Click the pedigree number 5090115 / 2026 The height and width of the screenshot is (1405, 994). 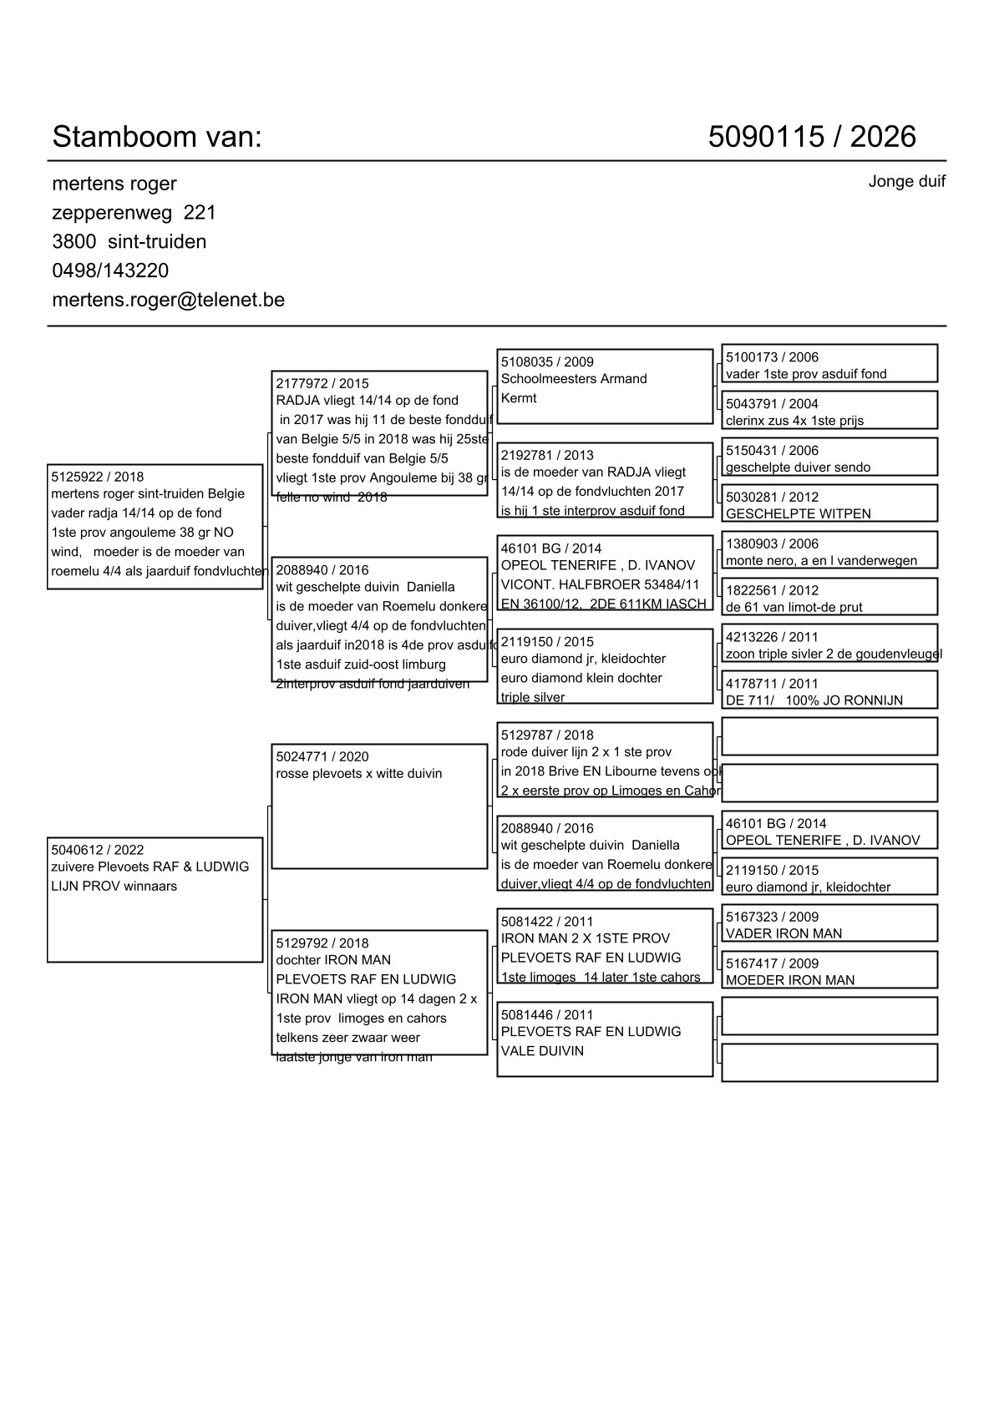tap(811, 136)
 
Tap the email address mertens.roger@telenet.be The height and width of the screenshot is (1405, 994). tap(168, 300)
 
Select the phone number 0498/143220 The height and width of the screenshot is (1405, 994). tap(110, 270)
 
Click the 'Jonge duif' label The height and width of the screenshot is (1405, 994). tap(906, 181)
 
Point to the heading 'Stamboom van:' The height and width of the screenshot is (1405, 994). tap(157, 136)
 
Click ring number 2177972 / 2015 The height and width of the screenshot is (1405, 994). tap(322, 384)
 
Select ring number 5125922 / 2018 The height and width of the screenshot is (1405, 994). tap(97, 478)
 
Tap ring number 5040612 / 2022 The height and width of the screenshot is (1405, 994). tap(97, 850)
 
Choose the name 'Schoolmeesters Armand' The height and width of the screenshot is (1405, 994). tap(574, 379)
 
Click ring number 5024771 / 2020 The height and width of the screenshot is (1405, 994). tap(322, 757)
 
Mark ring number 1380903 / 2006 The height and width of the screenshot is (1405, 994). tap(772, 543)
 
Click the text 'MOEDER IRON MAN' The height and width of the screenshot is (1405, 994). tap(789, 980)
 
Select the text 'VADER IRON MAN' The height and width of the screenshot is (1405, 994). tap(784, 933)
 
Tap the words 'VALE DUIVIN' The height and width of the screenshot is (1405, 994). tap(542, 1051)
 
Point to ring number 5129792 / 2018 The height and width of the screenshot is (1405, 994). tap(322, 943)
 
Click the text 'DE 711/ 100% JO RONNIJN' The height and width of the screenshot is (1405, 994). tap(814, 700)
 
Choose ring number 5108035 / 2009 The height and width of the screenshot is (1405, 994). tap(547, 361)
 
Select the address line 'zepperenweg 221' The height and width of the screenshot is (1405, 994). tap(134, 213)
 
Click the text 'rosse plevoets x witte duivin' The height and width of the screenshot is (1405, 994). tap(359, 774)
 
